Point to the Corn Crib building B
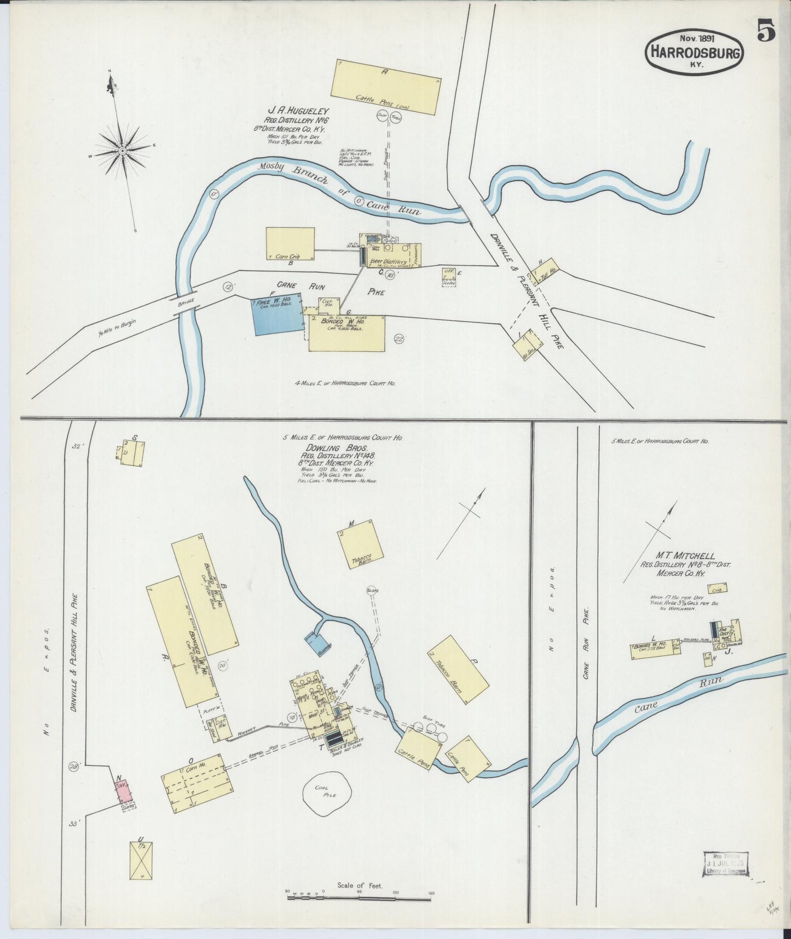coord(290,243)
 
